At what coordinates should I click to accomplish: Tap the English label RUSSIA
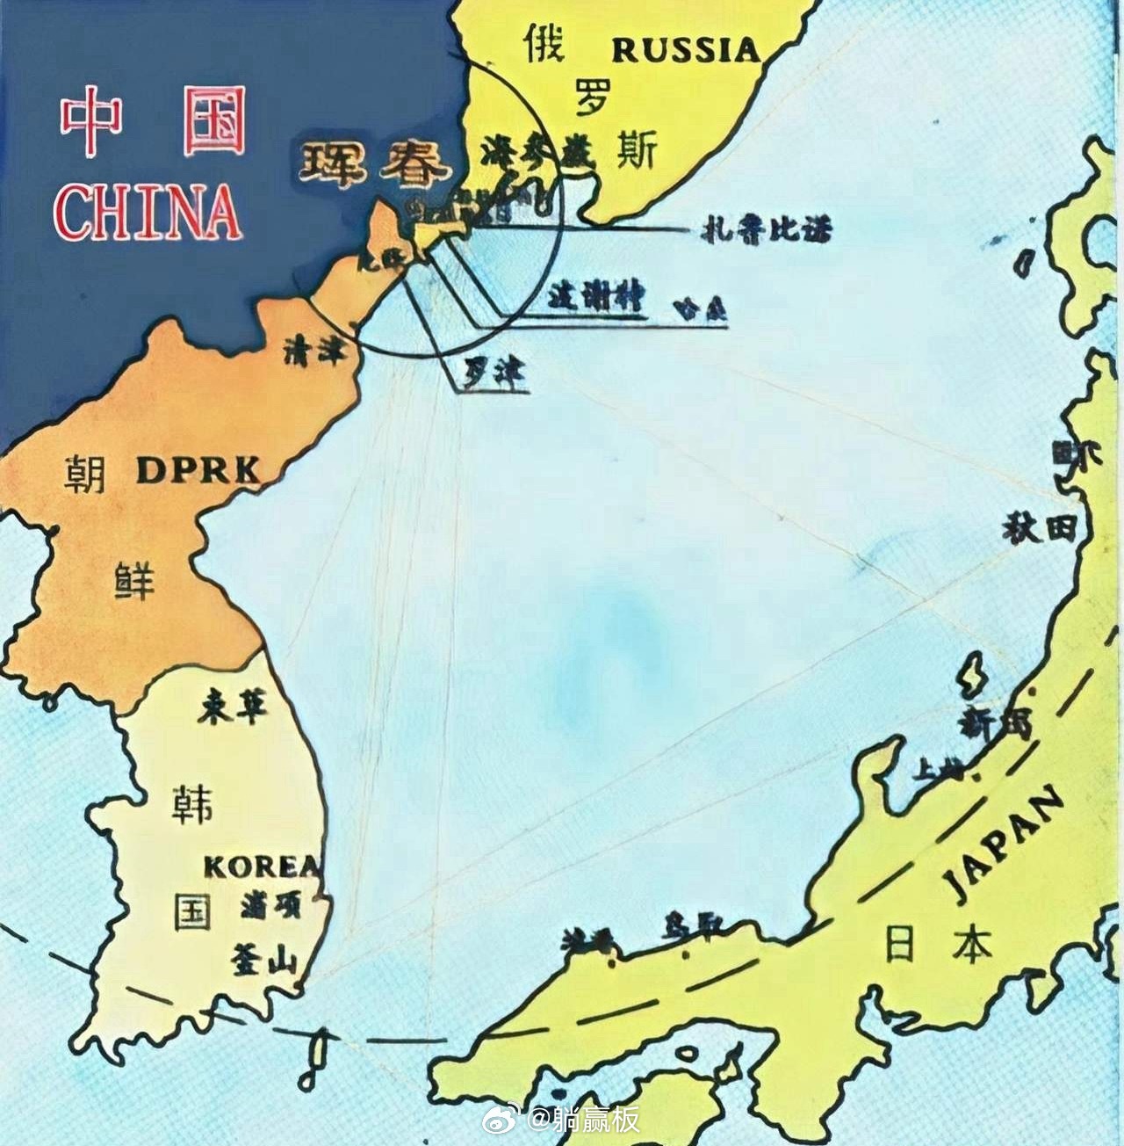click(686, 50)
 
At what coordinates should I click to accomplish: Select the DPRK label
click(198, 472)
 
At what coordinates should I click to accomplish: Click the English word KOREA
click(262, 867)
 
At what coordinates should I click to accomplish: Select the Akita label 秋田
click(1040, 527)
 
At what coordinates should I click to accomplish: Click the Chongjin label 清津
click(314, 351)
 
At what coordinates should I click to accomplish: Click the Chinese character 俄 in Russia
click(544, 44)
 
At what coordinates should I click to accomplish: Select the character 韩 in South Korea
click(193, 802)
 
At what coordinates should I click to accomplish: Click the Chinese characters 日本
click(938, 946)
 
